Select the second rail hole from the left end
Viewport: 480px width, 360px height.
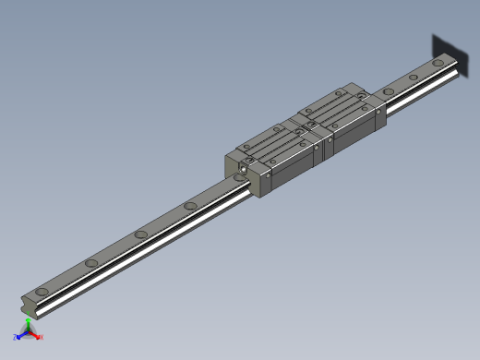tap(91, 264)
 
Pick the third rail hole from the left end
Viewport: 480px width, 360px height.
tap(141, 235)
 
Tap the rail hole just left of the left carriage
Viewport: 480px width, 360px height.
tap(190, 205)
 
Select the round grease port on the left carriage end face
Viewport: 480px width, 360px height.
tap(244, 168)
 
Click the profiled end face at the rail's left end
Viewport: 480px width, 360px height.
tap(29, 305)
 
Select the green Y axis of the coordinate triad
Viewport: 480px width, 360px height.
tap(28, 323)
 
